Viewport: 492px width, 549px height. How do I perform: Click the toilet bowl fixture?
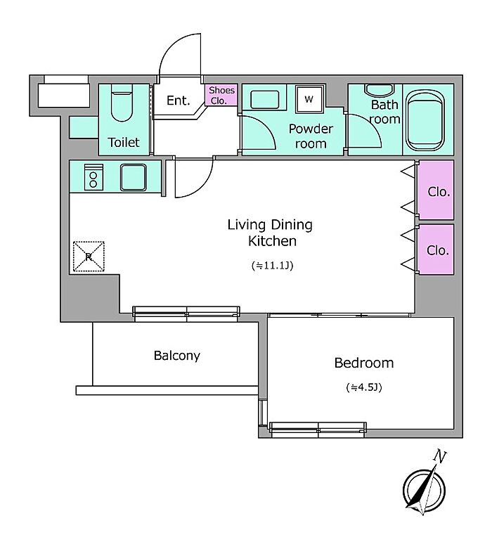tap(122, 103)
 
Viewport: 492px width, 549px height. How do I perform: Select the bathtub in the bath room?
tap(425, 120)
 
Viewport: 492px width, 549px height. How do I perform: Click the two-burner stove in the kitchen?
tap(93, 177)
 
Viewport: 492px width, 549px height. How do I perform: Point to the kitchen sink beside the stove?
tap(133, 177)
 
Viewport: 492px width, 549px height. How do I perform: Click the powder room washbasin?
tap(265, 99)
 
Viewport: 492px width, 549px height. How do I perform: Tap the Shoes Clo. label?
tap(221, 95)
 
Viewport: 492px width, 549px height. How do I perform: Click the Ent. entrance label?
tap(179, 101)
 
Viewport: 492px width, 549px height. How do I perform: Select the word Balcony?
tap(177, 356)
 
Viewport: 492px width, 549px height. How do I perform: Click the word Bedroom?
tap(364, 363)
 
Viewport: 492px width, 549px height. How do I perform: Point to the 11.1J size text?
tap(272, 266)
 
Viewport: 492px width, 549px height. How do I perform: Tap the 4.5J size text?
tap(364, 387)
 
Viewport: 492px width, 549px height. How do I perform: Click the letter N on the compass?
tap(439, 456)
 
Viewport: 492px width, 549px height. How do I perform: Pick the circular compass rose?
tap(424, 489)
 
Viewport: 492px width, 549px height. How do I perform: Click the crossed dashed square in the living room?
tap(89, 257)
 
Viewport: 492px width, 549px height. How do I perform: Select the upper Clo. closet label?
tap(439, 191)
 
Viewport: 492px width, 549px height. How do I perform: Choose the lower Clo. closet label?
tap(438, 250)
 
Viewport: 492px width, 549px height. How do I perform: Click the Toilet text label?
tap(123, 142)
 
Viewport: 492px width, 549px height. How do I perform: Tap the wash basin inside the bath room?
tap(379, 90)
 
